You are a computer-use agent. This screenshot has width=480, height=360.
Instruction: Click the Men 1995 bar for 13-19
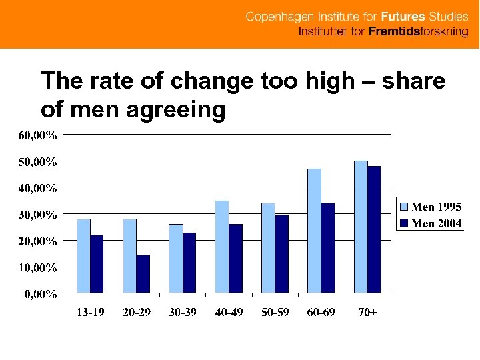[x=83, y=256]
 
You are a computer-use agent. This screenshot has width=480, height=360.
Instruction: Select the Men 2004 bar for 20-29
[x=143, y=274]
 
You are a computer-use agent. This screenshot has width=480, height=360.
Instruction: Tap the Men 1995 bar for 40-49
[x=222, y=247]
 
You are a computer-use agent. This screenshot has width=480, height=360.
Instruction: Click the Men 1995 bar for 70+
[x=361, y=227]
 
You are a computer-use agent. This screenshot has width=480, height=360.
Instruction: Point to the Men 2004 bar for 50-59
[x=282, y=254]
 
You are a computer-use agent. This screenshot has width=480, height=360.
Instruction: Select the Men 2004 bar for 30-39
[x=189, y=263]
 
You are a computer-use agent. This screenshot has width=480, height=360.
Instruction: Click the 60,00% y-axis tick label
[x=37, y=135]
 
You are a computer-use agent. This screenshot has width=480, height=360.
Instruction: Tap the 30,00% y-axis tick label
[x=37, y=215]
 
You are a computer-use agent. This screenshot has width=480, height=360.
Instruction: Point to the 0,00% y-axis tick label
[x=41, y=294]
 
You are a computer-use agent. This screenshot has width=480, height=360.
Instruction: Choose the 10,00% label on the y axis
[x=37, y=268]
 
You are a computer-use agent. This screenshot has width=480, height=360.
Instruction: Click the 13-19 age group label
[x=90, y=312]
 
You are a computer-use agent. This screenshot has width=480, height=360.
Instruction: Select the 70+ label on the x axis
[x=367, y=312]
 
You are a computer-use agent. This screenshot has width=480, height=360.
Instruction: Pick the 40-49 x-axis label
[x=229, y=312]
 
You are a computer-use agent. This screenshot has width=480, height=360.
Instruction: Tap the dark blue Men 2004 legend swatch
[x=403, y=223]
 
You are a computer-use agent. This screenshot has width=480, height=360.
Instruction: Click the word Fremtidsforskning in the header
[x=419, y=33]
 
